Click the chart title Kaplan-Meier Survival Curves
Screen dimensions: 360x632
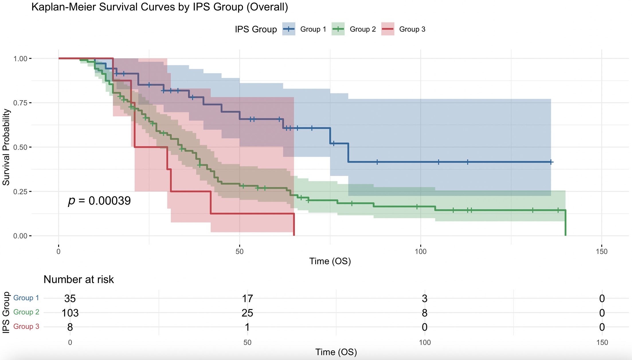coord(159,7)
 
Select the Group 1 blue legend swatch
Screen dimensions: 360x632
coord(289,29)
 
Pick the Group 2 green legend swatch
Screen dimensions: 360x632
coord(338,29)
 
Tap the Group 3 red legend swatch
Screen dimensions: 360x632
coord(388,29)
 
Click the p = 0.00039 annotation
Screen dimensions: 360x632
coord(99,201)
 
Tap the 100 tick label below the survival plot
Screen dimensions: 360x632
coord(420,251)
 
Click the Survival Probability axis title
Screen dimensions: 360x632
coord(6,147)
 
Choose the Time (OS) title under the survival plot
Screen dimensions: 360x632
coord(330,261)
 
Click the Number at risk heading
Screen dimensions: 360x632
coord(79,279)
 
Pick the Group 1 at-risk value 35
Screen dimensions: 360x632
coord(70,298)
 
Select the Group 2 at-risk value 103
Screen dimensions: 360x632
coord(70,313)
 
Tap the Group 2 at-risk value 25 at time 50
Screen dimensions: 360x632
coord(247,313)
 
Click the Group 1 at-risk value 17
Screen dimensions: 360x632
coord(247,298)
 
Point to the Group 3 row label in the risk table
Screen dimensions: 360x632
coord(26,326)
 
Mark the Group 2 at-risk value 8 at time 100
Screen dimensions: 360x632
coord(424,313)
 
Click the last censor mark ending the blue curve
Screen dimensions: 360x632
coord(551,162)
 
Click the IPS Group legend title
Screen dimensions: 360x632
coord(256,29)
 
